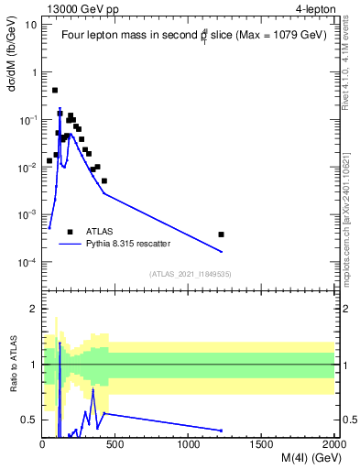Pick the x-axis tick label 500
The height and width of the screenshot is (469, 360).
[116, 445]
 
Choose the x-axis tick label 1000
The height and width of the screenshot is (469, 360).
[189, 445]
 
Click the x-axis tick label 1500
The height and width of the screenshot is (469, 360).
[262, 445]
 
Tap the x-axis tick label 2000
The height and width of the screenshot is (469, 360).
[334, 445]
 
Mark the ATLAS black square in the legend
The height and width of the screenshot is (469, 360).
[71, 232]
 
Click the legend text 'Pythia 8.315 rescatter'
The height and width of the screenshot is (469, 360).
[128, 244]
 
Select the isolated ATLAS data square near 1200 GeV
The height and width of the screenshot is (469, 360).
[221, 234]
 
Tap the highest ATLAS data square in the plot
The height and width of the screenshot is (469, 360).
[55, 90]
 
